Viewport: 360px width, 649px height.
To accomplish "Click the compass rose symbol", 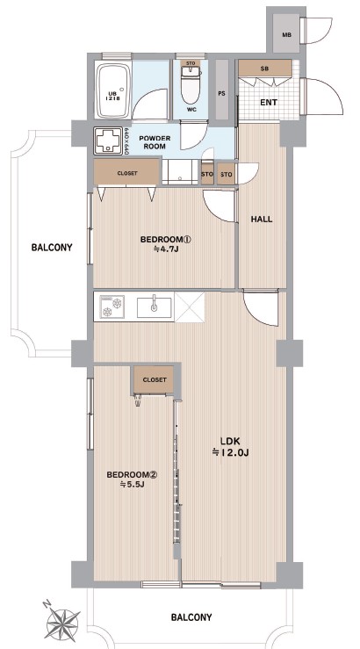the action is (x=62, y=622).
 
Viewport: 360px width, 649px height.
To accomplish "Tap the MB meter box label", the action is (x=287, y=35).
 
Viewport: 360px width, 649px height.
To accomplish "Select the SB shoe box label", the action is (x=265, y=69).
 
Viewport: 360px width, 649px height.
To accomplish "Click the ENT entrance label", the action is (x=269, y=102).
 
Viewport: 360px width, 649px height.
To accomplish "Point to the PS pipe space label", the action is (x=222, y=94).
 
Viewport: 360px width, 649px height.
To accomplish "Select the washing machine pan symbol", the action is (x=108, y=141).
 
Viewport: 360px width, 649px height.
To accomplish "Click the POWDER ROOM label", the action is (x=152, y=142).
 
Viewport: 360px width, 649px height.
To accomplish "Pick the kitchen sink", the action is (x=155, y=307).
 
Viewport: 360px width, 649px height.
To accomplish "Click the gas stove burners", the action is (x=112, y=306).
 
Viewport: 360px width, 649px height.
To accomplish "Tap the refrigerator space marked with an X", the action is (x=190, y=306).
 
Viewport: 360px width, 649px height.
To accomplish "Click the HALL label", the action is (x=262, y=220).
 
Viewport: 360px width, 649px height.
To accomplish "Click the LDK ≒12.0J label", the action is (x=230, y=446).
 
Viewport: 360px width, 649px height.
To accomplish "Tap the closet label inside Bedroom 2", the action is (x=155, y=379).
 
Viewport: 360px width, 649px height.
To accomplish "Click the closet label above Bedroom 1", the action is (x=127, y=173).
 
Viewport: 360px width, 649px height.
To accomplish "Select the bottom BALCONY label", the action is (x=191, y=617).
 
